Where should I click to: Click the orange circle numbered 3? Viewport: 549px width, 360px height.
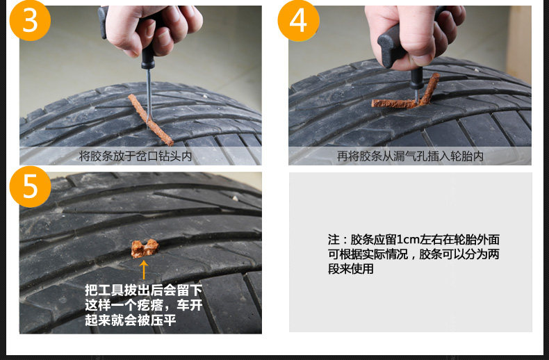pyautogui.click(x=30, y=20)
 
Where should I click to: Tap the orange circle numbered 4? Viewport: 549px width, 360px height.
pyautogui.click(x=298, y=20)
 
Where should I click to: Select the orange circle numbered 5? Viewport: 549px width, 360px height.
pyautogui.click(x=30, y=187)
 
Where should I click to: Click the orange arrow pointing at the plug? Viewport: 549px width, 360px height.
pyautogui.click(x=144, y=270)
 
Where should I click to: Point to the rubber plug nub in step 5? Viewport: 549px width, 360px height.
pyautogui.click(x=145, y=248)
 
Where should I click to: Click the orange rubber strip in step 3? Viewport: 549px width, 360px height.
pyautogui.click(x=151, y=120)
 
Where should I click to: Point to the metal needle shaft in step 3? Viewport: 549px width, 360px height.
pyautogui.click(x=149, y=95)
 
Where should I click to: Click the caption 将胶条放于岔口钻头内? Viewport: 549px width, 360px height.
pyautogui.click(x=136, y=156)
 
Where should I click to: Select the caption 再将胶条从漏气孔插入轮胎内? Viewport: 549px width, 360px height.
pyautogui.click(x=410, y=156)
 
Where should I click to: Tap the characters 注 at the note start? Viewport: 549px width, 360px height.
pyautogui.click(x=334, y=240)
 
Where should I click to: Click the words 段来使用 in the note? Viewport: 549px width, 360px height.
pyautogui.click(x=350, y=269)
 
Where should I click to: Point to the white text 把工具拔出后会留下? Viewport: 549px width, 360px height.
pyautogui.click(x=144, y=291)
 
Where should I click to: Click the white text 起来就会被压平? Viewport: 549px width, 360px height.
pyautogui.click(x=130, y=320)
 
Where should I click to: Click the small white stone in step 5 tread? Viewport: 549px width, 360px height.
pyautogui.click(x=236, y=199)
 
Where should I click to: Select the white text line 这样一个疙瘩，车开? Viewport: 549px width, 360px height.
pyautogui.click(x=144, y=305)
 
